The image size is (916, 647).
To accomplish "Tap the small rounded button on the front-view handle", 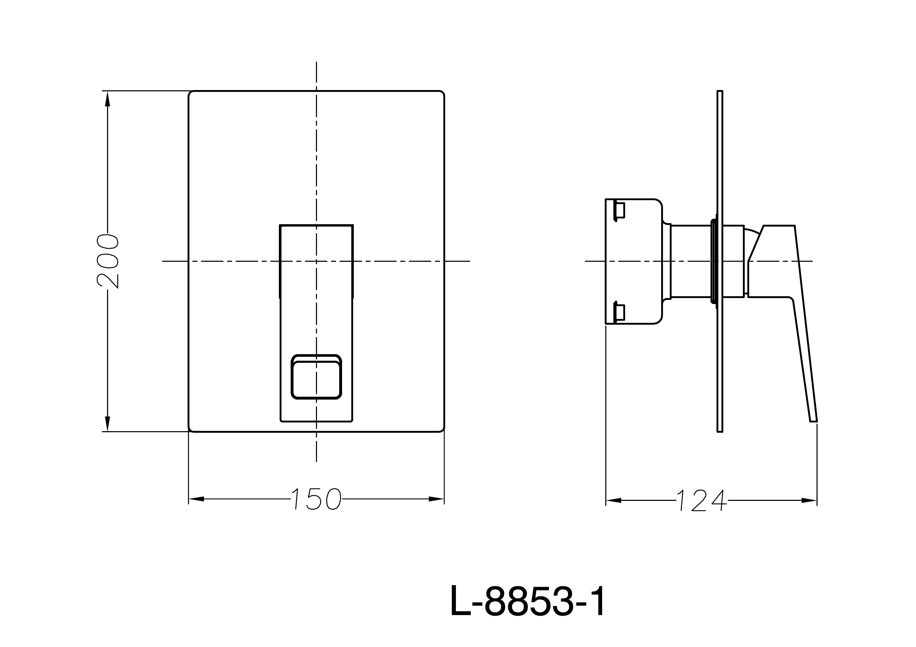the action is (316, 376).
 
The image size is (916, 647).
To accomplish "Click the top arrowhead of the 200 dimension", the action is (107, 99).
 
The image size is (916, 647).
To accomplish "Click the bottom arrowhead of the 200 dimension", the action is (107, 423).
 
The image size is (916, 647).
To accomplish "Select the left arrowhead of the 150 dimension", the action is (196, 499).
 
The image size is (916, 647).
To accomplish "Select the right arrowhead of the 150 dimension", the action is (436, 499).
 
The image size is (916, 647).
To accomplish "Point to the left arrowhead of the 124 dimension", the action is (614, 500).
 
